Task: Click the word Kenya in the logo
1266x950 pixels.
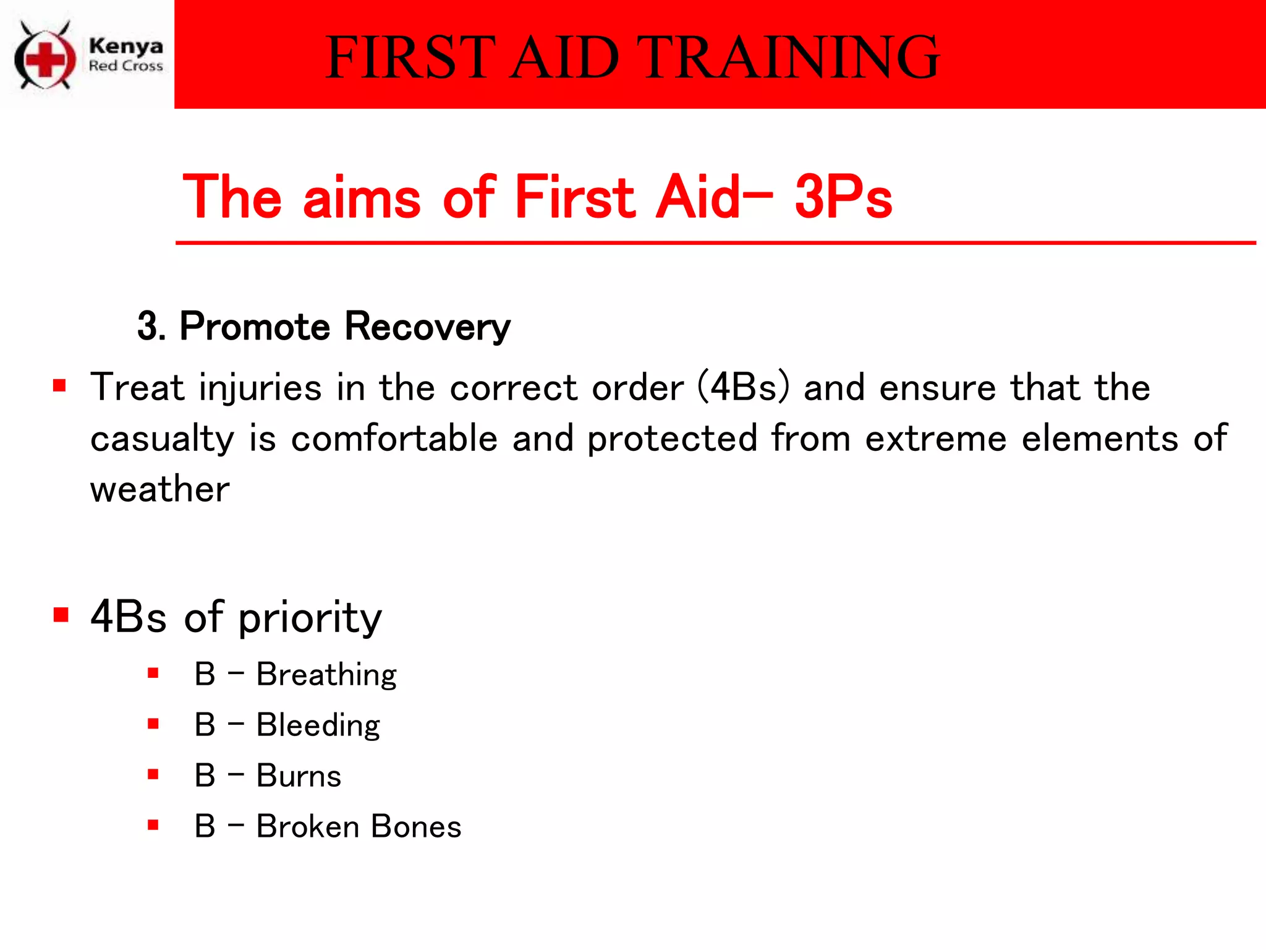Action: tap(125, 46)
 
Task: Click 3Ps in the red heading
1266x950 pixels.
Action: tap(843, 197)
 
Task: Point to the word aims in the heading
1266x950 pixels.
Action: tap(362, 197)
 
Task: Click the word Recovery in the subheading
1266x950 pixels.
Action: tap(427, 326)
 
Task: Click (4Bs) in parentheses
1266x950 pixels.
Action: tap(744, 387)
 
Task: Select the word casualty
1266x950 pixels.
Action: tap(162, 439)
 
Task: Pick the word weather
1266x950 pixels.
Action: tap(160, 489)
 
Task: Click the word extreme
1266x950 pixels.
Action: tap(935, 439)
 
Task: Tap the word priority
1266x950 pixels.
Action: tap(310, 617)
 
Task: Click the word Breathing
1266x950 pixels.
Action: tap(326, 675)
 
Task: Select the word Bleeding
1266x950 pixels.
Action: tap(318, 725)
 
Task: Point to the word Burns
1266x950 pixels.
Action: tap(299, 776)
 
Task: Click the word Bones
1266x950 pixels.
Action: tap(416, 826)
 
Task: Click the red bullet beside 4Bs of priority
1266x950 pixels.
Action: tap(61, 615)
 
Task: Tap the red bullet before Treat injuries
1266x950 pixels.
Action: tap(59, 386)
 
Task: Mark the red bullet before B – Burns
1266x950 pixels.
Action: tap(153, 774)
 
